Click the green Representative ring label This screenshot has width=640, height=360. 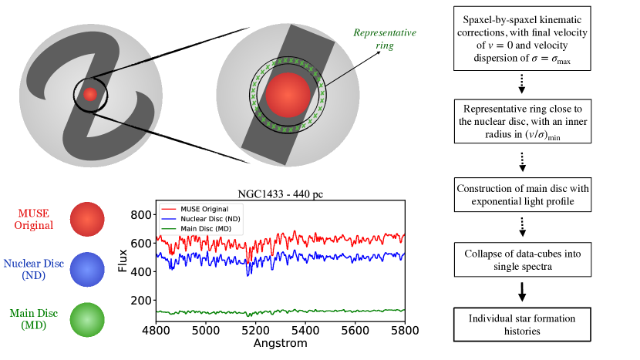pos(385,40)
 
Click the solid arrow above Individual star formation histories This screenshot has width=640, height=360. pos(523,291)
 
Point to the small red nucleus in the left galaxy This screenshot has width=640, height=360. pos(90,94)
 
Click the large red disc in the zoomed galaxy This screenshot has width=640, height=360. pos(288,95)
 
